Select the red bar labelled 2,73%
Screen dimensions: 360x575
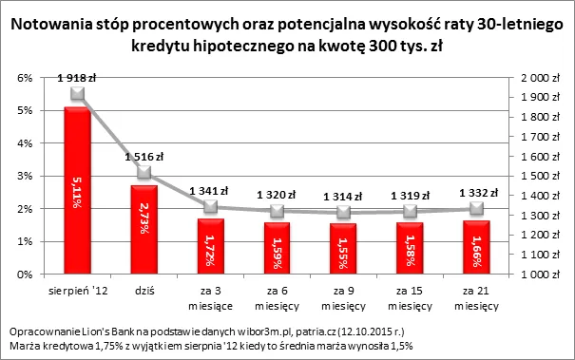click(x=144, y=229)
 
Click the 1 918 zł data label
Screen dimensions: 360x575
click(x=77, y=75)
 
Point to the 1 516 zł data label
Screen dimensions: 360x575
click(x=144, y=156)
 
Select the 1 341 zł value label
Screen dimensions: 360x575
click(x=210, y=190)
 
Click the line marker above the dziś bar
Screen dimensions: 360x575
click(x=144, y=172)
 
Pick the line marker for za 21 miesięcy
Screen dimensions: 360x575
click(x=477, y=209)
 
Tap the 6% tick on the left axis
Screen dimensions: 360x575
click(x=27, y=78)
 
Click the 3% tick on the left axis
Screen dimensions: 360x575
click(x=27, y=177)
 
